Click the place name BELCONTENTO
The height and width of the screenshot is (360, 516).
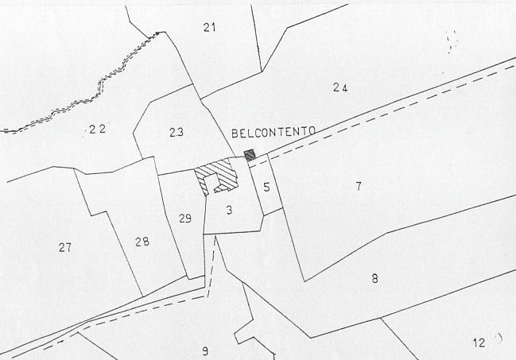[274, 133]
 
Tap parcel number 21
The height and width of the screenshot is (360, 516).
[209, 28]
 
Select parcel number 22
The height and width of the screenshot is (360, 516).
[97, 128]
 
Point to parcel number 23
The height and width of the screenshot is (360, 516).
[177, 132]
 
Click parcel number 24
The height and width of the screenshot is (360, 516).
[339, 87]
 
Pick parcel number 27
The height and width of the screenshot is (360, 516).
[65, 247]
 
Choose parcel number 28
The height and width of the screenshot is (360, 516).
[142, 241]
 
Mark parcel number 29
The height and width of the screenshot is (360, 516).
[184, 218]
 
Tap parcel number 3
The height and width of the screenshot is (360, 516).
[229, 210]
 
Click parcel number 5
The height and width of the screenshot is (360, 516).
[267, 188]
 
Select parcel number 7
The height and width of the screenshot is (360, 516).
[359, 186]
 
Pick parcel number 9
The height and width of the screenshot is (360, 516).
[205, 350]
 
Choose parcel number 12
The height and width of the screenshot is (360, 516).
[479, 343]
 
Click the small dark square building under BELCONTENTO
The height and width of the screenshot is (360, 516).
[250, 155]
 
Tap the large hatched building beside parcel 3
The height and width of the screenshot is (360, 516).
[216, 176]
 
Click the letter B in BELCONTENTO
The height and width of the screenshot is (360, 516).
[235, 133]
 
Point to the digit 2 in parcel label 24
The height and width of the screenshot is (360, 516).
[336, 87]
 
